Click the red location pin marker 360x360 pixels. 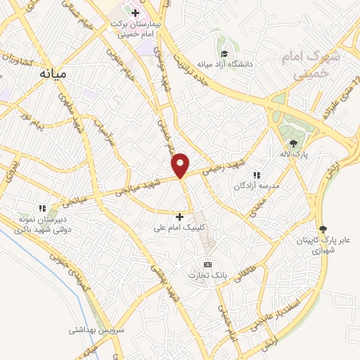coord(181,165)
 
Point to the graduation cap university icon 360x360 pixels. coord(224,53)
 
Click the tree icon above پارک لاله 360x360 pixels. coord(294,143)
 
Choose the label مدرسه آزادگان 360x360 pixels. coord(257,186)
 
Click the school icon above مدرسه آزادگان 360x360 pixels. coord(257,174)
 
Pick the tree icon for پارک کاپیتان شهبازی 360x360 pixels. coord(323,229)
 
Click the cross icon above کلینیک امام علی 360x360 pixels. coord(179,217)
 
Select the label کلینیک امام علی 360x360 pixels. coord(181,228)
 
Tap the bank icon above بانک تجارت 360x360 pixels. coord(207,264)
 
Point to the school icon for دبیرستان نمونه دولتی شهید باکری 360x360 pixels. coord(42,208)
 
